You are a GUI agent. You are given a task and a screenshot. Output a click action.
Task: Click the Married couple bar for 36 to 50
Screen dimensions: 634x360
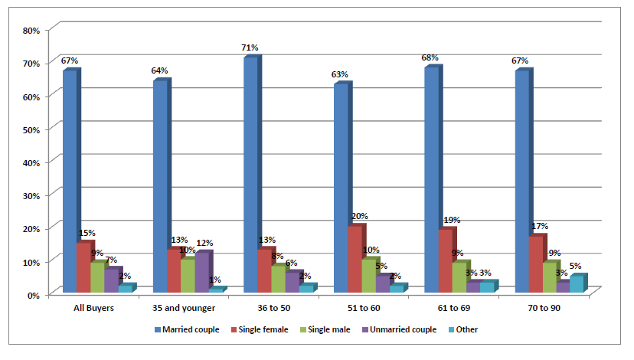pyautogui.click(x=250, y=175)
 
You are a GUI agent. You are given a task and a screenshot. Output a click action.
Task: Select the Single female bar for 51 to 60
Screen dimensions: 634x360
pyautogui.click(x=355, y=259)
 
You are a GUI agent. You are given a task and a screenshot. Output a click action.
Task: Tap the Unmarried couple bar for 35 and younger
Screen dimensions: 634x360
pyautogui.click(x=202, y=272)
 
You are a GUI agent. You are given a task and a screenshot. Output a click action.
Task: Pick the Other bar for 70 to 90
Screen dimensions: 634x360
pyautogui.click(x=577, y=284)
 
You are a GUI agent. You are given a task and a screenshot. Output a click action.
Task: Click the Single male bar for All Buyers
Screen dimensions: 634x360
pyautogui.click(x=97, y=277)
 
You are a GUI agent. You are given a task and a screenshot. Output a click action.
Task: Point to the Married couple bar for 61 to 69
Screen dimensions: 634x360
pyautogui.click(x=432, y=179)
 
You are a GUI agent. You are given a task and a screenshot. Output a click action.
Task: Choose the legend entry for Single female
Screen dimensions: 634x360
pyautogui.click(x=260, y=329)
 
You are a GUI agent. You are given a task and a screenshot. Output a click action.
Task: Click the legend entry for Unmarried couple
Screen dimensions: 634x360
pyautogui.click(x=400, y=329)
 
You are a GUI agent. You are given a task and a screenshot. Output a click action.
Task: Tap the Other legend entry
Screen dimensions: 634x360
pyautogui.click(x=463, y=329)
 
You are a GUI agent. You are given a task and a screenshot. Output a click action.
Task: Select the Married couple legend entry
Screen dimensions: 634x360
pyautogui.click(x=187, y=329)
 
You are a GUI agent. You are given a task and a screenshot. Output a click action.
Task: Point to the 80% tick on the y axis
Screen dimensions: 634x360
pyautogui.click(x=31, y=31)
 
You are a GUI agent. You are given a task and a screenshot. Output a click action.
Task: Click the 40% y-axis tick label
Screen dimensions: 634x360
pyautogui.click(x=31, y=163)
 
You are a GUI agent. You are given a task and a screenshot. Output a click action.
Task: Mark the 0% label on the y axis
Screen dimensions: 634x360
pyautogui.click(x=33, y=296)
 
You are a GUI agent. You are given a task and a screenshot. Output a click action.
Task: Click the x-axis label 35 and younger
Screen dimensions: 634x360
pyautogui.click(x=184, y=308)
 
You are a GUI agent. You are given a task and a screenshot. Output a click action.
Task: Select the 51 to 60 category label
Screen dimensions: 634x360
pyautogui.click(x=364, y=308)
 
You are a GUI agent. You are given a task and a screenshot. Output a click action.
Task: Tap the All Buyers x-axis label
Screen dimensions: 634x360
pyautogui.click(x=94, y=308)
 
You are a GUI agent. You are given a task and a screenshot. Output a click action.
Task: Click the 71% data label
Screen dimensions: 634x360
pyautogui.click(x=250, y=47)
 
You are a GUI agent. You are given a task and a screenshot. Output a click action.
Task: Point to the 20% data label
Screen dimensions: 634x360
pyautogui.click(x=359, y=217)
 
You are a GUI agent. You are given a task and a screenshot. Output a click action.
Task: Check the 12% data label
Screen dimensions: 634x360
pyautogui.click(x=204, y=243)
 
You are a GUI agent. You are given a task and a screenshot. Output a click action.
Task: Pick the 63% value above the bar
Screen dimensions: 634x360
pyautogui.click(x=340, y=74)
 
